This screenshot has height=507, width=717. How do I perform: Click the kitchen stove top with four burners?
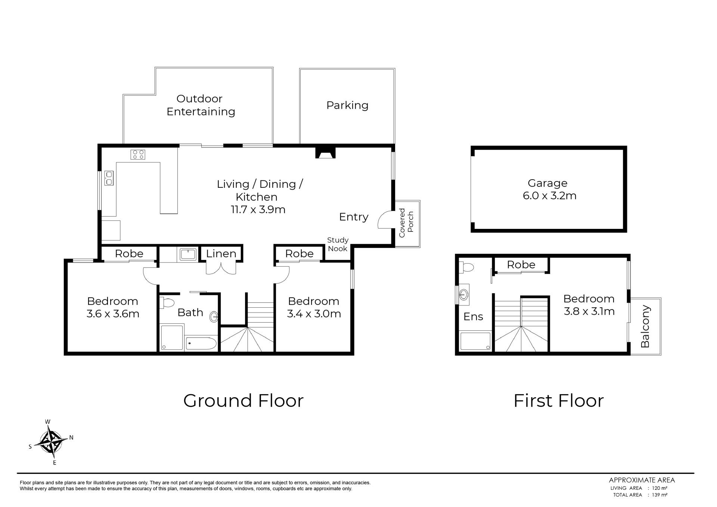(x=138, y=154)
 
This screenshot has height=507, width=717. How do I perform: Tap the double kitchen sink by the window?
(x=109, y=178)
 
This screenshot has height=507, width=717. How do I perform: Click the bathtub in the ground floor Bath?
(x=201, y=343)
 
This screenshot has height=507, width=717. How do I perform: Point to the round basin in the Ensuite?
(x=464, y=295)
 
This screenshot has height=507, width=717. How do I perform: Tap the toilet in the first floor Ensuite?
(x=467, y=267)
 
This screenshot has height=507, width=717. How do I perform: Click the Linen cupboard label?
(x=221, y=253)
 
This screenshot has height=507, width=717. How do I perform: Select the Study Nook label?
(x=338, y=244)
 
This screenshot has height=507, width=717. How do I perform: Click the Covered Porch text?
(x=406, y=223)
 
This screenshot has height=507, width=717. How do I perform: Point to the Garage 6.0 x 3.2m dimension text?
(x=550, y=196)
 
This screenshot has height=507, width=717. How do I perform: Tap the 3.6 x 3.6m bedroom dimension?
(x=113, y=314)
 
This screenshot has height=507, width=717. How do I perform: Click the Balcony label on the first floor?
(x=645, y=326)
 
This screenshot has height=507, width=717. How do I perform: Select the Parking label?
(x=347, y=105)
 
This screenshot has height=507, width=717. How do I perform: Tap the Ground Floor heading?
(x=243, y=401)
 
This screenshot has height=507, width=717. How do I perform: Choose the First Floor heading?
(x=559, y=401)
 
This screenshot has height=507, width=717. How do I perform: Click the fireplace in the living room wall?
(x=326, y=153)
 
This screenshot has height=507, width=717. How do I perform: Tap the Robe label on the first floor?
(x=521, y=265)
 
